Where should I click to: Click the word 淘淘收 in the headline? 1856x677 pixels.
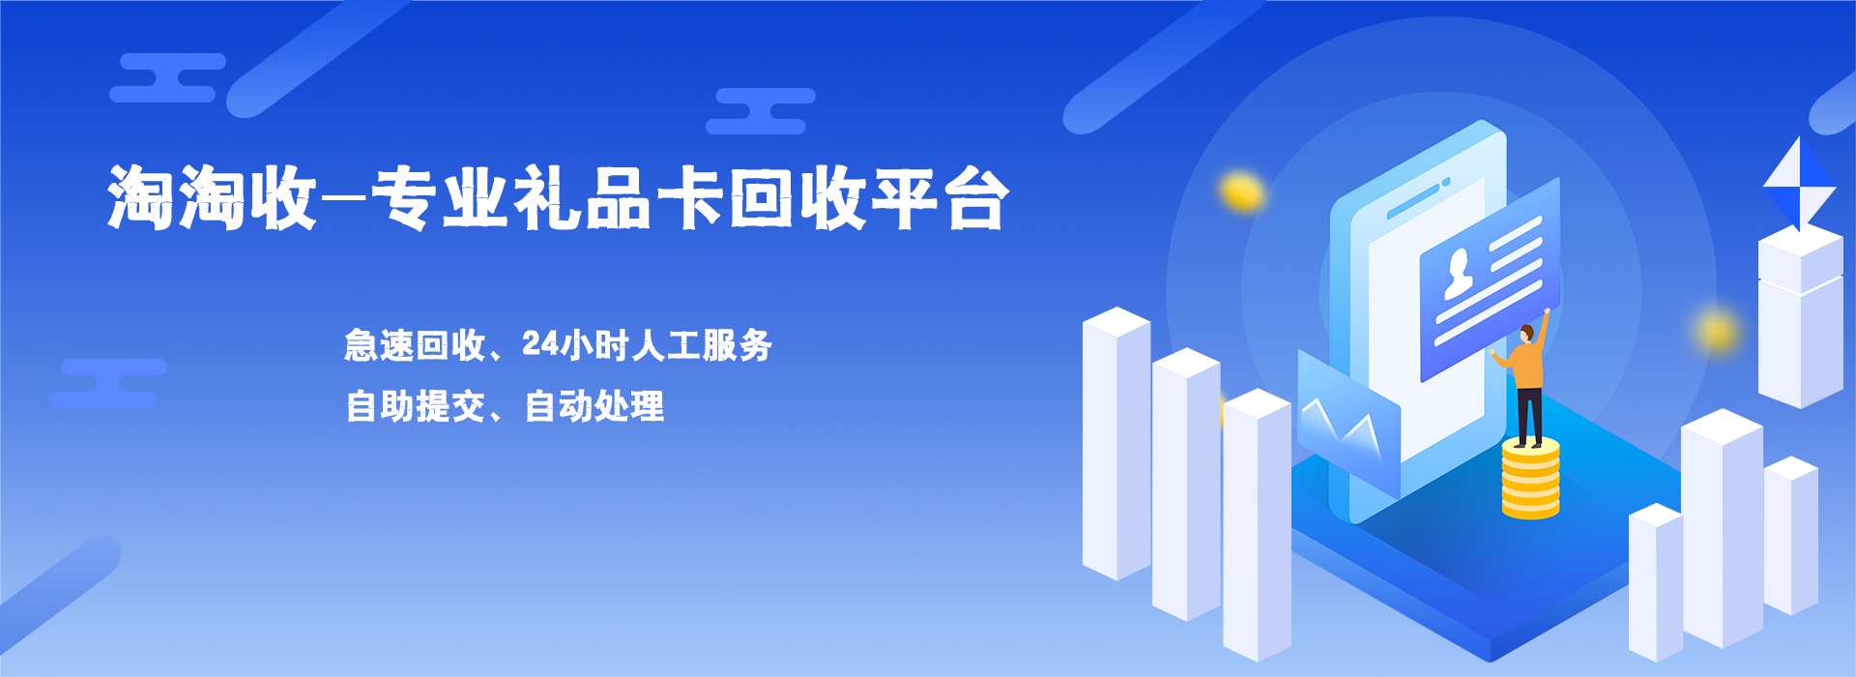(x=213, y=198)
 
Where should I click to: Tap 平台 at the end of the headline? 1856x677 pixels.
(x=941, y=198)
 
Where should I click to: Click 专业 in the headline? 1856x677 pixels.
(x=440, y=198)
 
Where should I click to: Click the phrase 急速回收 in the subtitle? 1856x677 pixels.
(x=415, y=345)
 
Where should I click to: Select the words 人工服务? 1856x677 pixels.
(x=702, y=345)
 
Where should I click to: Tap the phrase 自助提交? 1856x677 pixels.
(x=416, y=406)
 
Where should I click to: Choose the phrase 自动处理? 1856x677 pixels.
(x=594, y=406)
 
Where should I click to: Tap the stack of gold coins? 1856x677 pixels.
(x=1530, y=479)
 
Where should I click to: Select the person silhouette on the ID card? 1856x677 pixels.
(x=1458, y=273)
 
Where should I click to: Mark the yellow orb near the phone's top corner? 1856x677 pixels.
(x=1242, y=191)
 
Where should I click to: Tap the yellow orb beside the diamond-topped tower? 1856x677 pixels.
(x=1718, y=332)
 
